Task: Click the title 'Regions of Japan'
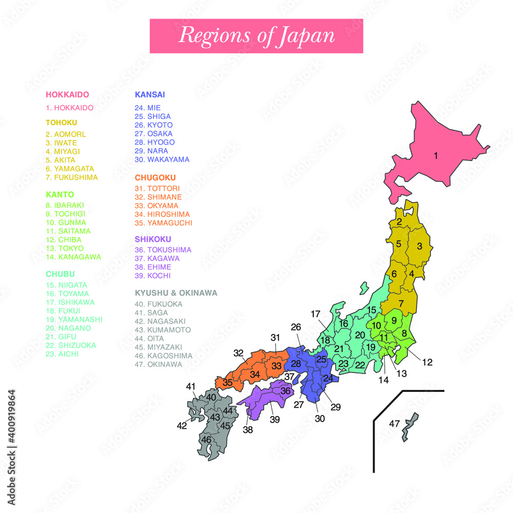click(256, 35)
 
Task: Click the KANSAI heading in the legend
click(149, 94)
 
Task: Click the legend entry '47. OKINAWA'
click(158, 364)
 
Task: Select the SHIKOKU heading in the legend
click(153, 239)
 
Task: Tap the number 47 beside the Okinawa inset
click(394, 424)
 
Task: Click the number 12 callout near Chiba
click(427, 362)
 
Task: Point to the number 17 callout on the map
click(315, 313)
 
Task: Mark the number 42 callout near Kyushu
click(182, 425)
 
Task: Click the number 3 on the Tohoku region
click(419, 246)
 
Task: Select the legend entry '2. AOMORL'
click(66, 134)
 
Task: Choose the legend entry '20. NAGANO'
click(68, 328)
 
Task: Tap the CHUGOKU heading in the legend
click(155, 177)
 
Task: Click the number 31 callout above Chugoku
click(276, 337)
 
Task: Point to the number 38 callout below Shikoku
click(248, 430)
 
